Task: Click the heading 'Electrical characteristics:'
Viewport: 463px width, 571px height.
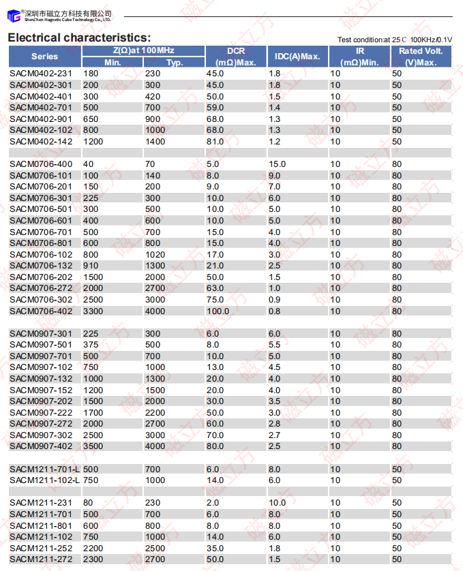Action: click(79, 37)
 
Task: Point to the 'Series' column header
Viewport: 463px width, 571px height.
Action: click(44, 57)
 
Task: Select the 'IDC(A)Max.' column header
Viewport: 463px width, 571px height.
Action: click(297, 57)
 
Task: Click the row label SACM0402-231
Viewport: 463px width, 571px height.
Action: click(40, 74)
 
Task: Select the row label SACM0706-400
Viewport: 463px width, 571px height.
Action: click(40, 164)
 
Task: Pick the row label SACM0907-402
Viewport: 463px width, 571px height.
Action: click(40, 446)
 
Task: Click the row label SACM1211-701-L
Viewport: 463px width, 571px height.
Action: click(44, 469)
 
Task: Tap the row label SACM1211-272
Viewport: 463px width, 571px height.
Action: click(40, 559)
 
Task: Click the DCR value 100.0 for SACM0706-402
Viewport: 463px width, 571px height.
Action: click(218, 311)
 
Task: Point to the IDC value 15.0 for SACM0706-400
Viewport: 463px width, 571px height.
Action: click(277, 164)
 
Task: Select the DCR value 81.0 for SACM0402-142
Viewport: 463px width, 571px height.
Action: click(215, 142)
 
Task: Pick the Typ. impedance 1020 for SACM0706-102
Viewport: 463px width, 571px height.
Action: click(155, 254)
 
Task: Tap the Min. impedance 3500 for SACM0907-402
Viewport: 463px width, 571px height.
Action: click(93, 446)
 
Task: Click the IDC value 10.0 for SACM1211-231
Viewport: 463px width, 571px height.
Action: click(277, 503)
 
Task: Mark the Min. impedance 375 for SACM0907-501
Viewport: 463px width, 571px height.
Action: click(90, 345)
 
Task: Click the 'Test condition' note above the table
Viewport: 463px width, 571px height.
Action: click(394, 40)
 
